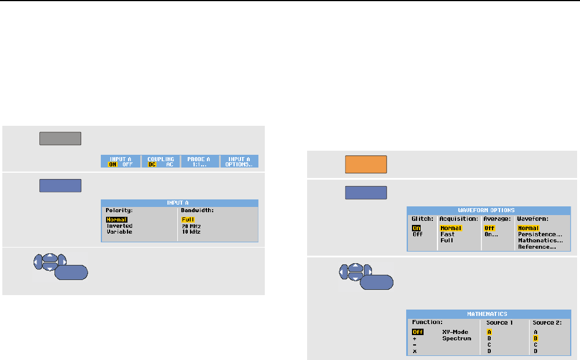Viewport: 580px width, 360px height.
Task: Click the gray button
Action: (60, 138)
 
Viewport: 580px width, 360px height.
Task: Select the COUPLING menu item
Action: (160, 161)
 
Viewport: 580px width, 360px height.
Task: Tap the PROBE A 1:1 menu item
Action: (199, 161)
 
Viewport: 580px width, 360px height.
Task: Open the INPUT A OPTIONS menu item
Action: (239, 161)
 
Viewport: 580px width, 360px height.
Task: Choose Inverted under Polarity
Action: (119, 226)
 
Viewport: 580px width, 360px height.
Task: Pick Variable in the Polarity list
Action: (119, 231)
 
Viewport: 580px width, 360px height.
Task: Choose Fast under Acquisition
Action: (447, 234)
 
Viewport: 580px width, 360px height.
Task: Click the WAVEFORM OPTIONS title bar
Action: (489, 210)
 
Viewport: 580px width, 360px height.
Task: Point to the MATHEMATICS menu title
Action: (487, 314)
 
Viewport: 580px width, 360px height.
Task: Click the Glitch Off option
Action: (417, 234)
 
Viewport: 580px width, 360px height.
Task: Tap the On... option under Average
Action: (491, 234)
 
